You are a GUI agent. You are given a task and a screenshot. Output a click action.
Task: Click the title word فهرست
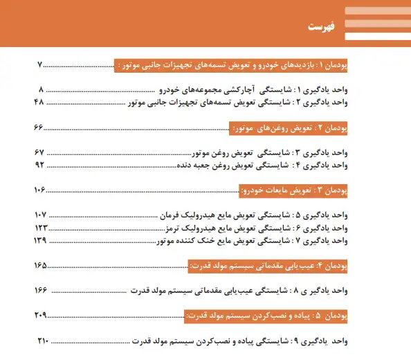click(320, 27)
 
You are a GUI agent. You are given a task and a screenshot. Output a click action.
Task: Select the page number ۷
click(39, 66)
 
